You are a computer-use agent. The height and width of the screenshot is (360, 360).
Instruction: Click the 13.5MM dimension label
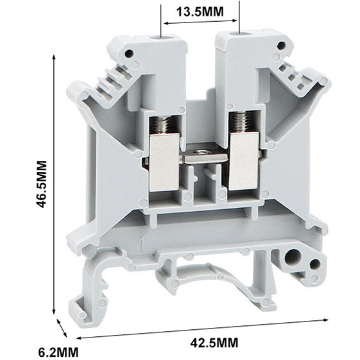(200, 12)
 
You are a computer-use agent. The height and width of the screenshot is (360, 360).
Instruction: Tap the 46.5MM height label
(42, 184)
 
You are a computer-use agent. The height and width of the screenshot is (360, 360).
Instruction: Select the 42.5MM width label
(214, 343)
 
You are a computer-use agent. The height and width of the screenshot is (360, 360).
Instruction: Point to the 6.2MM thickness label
(58, 352)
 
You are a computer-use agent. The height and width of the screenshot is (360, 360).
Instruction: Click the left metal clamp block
(164, 162)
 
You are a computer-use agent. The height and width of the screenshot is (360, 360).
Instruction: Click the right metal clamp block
(244, 161)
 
